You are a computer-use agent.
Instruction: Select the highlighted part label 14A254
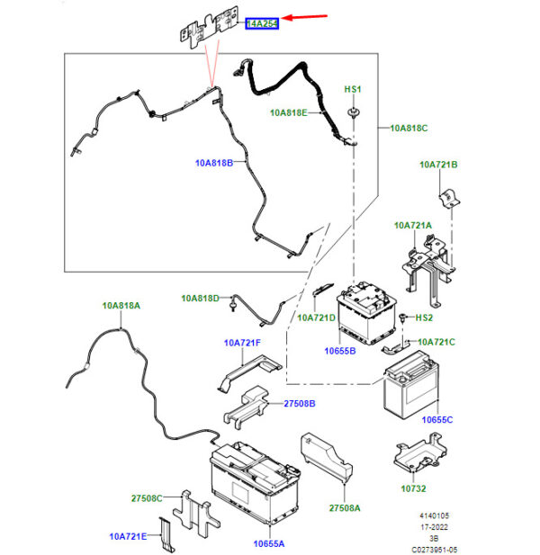click(263, 22)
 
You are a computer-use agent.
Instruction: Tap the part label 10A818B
click(214, 163)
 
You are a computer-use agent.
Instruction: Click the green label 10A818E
click(289, 113)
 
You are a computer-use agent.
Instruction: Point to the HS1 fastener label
click(354, 91)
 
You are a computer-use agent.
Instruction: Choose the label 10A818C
click(409, 129)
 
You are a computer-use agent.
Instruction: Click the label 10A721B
click(438, 165)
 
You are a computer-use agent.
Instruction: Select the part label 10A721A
click(412, 225)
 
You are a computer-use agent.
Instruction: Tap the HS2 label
click(423, 318)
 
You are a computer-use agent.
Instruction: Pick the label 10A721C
click(437, 342)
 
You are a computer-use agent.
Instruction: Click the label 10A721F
click(242, 343)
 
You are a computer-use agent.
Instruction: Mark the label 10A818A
click(121, 306)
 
